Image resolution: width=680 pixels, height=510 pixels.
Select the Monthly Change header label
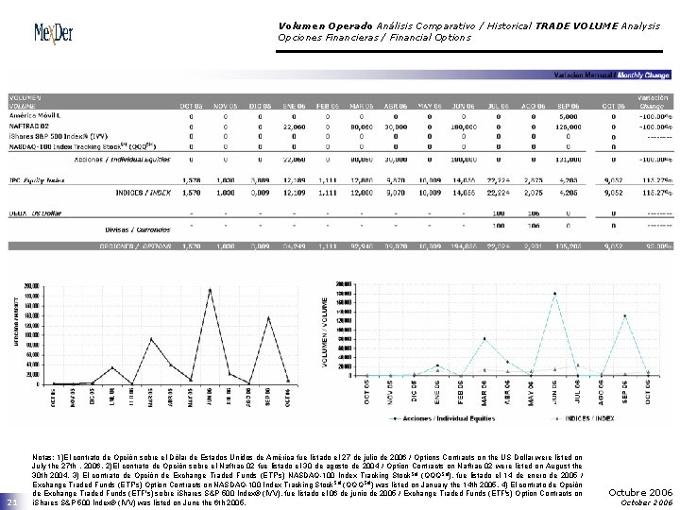coord(644,75)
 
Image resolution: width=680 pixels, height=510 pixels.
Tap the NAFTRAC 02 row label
coord(30,125)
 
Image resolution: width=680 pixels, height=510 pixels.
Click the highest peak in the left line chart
coord(210,289)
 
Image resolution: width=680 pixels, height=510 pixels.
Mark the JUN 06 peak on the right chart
coord(554,294)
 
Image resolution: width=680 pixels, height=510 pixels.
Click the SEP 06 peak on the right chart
coord(624,316)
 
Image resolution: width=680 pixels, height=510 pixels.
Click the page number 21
coord(9,501)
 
